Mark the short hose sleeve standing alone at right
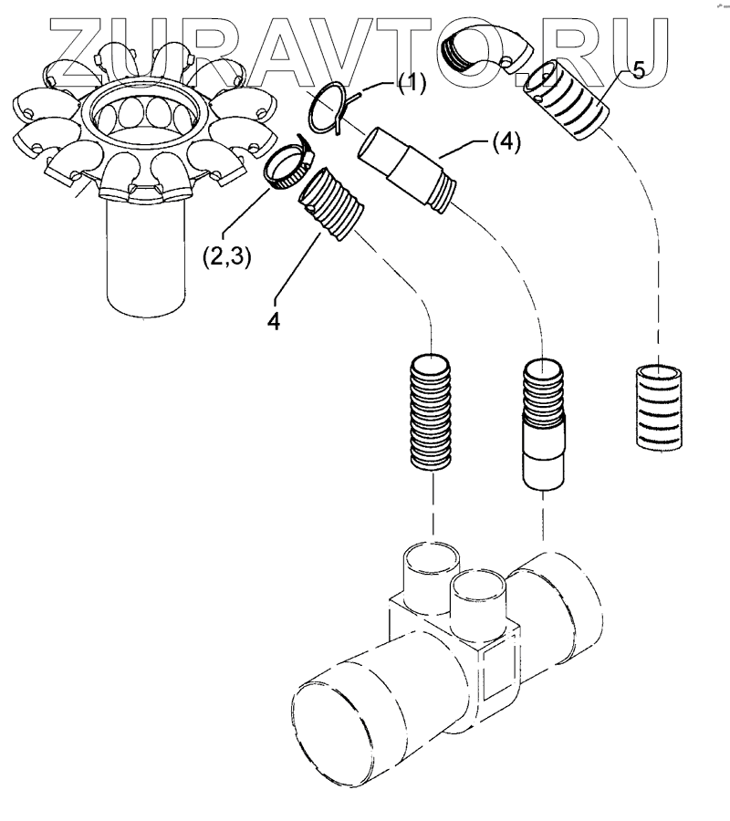[658, 405]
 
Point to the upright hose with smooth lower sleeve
[546, 424]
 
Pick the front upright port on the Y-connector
[478, 602]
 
